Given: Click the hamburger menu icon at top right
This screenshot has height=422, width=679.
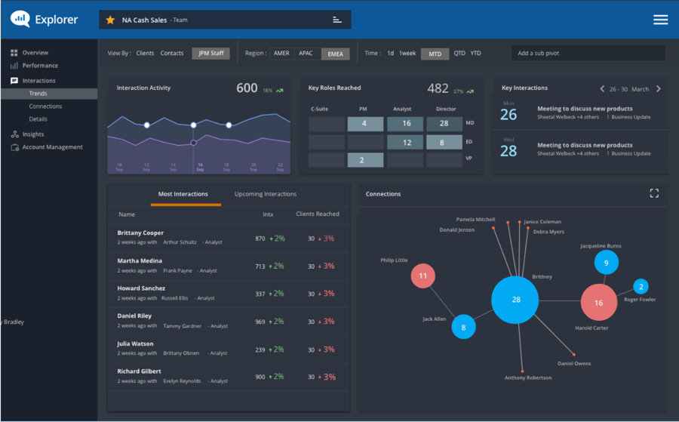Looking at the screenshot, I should coord(660,20).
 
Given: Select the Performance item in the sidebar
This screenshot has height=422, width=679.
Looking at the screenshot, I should coord(39,66).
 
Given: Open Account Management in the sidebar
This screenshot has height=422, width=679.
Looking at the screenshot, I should coord(52,147).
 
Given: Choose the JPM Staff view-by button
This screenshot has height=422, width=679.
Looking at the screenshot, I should coord(210,54).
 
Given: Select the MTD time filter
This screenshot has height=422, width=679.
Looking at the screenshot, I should coord(435,54).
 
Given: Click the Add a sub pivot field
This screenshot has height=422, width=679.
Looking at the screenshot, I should coord(588,54).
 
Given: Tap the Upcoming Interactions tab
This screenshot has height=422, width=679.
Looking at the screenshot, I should coord(266,194).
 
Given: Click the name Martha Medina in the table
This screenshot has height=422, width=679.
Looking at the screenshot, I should coord(140,261).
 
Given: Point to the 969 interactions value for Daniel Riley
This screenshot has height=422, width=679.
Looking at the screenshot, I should coord(260,322).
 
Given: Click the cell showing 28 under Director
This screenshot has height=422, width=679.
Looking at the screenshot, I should coord(444,124).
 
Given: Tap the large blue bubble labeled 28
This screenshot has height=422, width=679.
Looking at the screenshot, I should coord(516,300).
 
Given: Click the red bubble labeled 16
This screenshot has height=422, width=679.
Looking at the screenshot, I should coord(598,303).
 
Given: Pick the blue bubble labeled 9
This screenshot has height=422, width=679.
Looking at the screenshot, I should coord(606,263).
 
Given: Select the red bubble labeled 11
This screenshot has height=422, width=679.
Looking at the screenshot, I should coord(423,276).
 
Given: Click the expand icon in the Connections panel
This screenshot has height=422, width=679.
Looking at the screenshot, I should coord(654,193).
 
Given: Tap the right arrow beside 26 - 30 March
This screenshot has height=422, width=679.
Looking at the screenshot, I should coord(658,89).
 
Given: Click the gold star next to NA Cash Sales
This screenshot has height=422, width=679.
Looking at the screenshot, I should coord(110,20).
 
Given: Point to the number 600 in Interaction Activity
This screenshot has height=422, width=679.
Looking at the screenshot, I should coord(247,88).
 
